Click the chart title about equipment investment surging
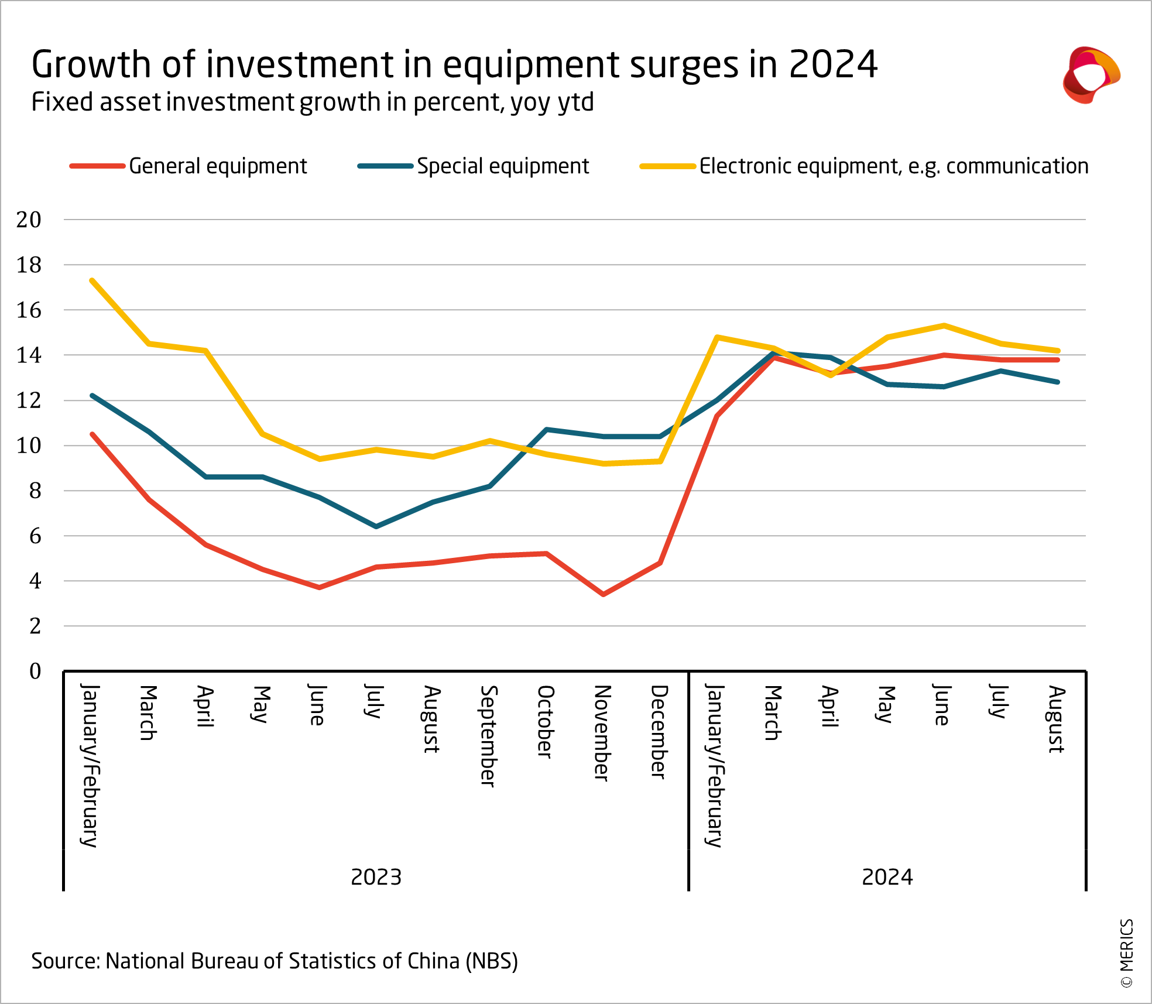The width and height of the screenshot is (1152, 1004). click(x=454, y=64)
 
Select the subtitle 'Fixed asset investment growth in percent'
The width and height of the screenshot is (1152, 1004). click(x=313, y=102)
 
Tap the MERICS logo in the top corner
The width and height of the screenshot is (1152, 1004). click(x=1091, y=75)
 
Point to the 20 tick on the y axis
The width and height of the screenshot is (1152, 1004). click(x=29, y=220)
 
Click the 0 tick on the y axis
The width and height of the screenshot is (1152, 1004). click(x=35, y=671)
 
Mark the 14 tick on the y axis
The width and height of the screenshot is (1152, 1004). click(x=29, y=355)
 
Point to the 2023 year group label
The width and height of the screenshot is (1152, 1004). click(x=376, y=877)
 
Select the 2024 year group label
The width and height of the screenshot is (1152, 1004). click(x=887, y=877)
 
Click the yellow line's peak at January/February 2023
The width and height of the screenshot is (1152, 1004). click(x=92, y=280)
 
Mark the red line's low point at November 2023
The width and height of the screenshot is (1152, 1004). click(x=603, y=594)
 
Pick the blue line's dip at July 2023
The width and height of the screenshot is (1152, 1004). click(x=376, y=526)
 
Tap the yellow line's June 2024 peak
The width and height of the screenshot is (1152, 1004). click(x=944, y=325)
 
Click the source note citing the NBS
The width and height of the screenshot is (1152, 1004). click(x=275, y=961)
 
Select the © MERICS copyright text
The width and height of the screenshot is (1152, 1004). click(x=1127, y=953)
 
